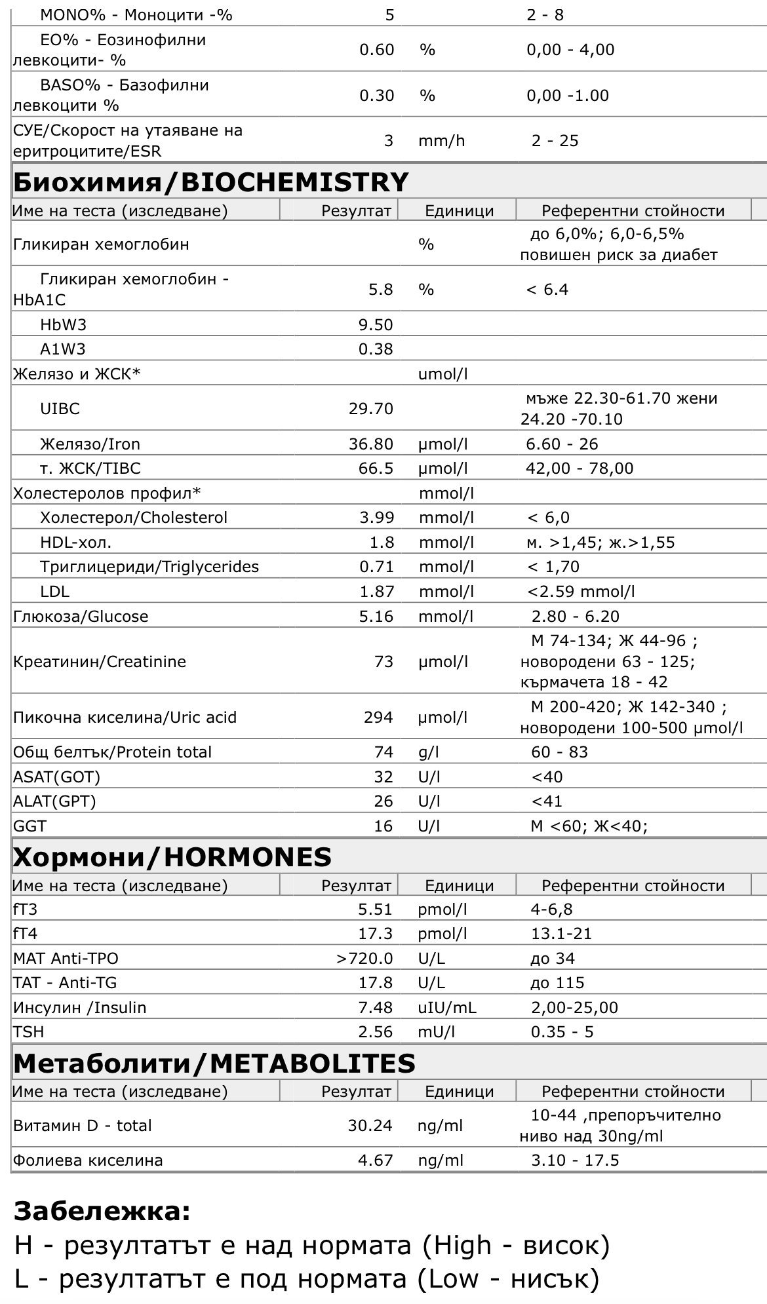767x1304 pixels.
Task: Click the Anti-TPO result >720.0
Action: click(364, 959)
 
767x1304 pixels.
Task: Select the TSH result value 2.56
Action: click(376, 1032)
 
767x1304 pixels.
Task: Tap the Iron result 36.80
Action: click(371, 444)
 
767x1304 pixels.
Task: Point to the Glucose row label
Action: click(81, 617)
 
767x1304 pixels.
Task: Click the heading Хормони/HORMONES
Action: click(172, 857)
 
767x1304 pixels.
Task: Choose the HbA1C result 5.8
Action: click(381, 290)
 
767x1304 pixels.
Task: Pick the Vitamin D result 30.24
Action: click(370, 1126)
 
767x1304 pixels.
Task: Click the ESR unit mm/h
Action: click(442, 141)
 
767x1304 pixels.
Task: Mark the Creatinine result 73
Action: click(384, 662)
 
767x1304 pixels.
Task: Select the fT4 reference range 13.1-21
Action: click(561, 934)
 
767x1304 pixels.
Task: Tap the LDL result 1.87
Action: click(376, 592)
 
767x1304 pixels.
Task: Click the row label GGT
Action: click(29, 826)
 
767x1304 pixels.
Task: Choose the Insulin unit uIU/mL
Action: click(447, 1008)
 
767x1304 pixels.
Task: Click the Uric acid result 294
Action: click(379, 718)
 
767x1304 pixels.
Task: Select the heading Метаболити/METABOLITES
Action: click(214, 1063)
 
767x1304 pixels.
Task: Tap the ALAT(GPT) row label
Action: click(54, 801)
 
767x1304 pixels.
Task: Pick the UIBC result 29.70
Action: click(371, 409)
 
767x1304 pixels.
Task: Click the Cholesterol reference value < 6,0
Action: click(549, 518)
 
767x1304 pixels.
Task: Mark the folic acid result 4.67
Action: click(376, 1160)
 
